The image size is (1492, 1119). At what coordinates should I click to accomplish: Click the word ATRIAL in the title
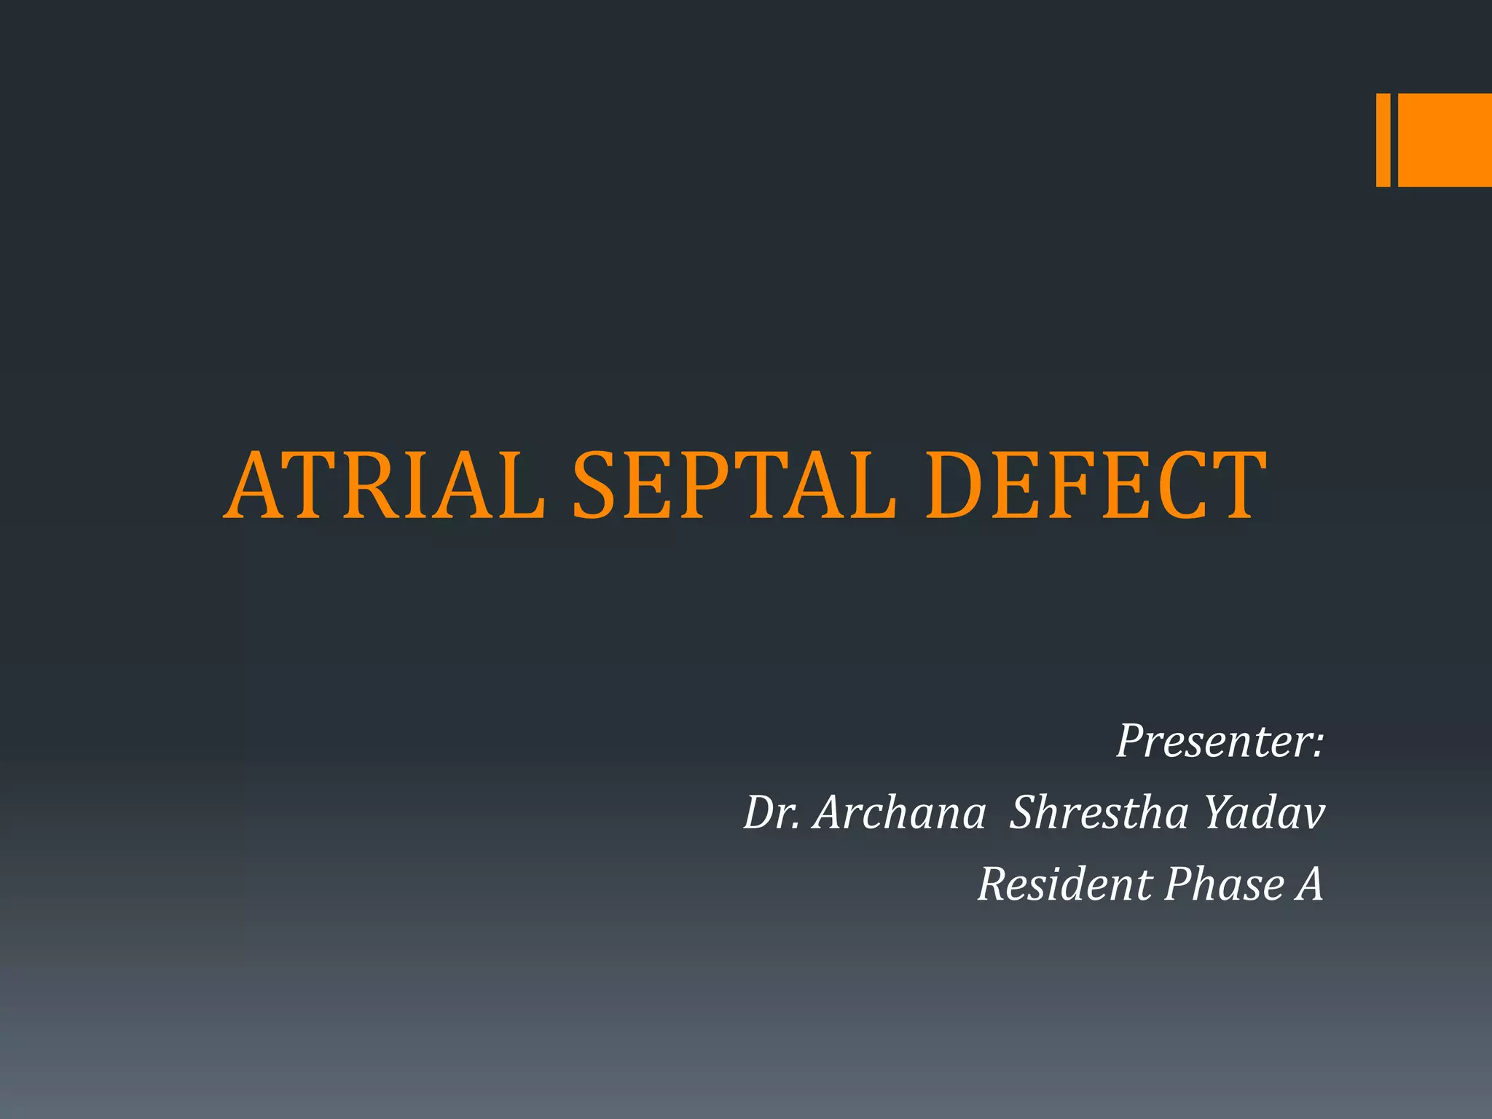(x=385, y=486)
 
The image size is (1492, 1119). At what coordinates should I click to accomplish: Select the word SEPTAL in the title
(x=734, y=486)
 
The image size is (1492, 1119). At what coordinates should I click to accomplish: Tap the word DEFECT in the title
(x=1096, y=486)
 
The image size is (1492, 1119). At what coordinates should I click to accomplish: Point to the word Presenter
(x=1213, y=741)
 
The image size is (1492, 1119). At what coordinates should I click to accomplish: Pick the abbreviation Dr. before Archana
(x=771, y=812)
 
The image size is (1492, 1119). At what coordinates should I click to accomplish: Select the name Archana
(x=900, y=812)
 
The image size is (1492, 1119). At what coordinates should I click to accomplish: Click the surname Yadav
(x=1264, y=812)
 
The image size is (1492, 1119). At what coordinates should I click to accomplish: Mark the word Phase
(x=1224, y=884)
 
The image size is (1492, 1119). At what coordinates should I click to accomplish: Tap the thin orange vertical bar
(x=1383, y=140)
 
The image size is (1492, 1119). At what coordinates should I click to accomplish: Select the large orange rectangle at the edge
(x=1445, y=140)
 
